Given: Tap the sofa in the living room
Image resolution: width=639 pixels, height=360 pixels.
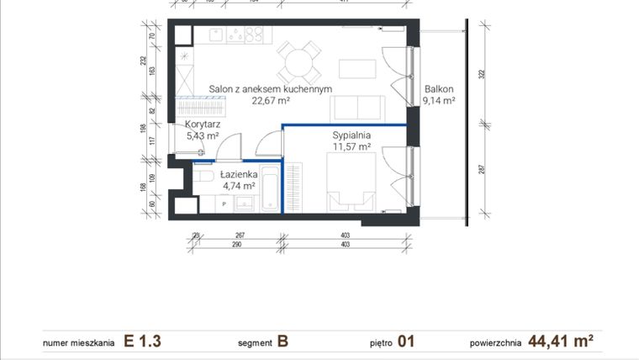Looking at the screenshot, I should pyautogui.click(x=358, y=109).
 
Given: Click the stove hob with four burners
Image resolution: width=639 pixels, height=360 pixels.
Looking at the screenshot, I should pyautogui.click(x=250, y=35).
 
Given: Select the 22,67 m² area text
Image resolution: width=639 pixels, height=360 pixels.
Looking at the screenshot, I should pyautogui.click(x=271, y=100).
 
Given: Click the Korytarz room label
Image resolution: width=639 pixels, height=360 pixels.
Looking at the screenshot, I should pyautogui.click(x=202, y=124).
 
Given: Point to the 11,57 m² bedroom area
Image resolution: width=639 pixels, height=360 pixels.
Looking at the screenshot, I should pyautogui.click(x=351, y=146).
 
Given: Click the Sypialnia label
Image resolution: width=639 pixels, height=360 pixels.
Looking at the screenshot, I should pyautogui.click(x=351, y=135).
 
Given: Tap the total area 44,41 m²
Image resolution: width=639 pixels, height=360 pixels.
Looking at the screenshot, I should pyautogui.click(x=561, y=341).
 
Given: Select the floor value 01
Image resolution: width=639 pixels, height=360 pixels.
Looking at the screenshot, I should pyautogui.click(x=406, y=341).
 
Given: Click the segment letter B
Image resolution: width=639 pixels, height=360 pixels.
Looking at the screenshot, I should pyautogui.click(x=283, y=341).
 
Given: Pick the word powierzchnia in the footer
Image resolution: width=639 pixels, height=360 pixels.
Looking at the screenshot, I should pyautogui.click(x=496, y=343).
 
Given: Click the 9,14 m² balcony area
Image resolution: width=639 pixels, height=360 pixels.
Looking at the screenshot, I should pyautogui.click(x=439, y=99).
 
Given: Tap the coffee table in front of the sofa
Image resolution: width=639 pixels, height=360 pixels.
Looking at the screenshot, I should pyautogui.click(x=357, y=68).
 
